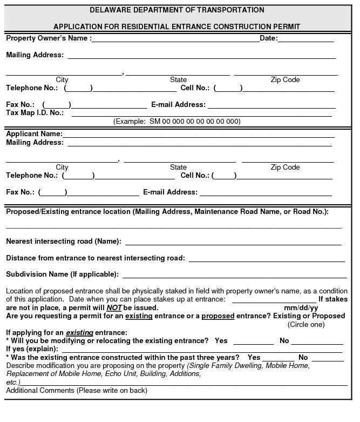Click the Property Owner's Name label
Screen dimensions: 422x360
(x=48, y=38)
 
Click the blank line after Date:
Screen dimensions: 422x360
(x=305, y=39)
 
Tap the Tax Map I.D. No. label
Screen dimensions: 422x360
(x=35, y=113)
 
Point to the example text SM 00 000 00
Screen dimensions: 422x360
(x=176, y=122)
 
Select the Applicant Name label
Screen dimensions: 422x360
(x=34, y=134)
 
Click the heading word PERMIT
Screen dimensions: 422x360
(x=286, y=26)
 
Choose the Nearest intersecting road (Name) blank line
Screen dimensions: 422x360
(x=233, y=243)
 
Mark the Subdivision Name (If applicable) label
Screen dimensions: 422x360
(x=62, y=274)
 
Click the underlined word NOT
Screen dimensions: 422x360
(x=114, y=308)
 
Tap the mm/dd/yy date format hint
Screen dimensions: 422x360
(x=301, y=308)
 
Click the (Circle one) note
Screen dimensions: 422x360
(x=306, y=325)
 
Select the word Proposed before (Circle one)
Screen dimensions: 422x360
(x=325, y=316)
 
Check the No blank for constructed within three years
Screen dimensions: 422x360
(x=328, y=358)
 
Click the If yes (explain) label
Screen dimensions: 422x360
(x=32, y=350)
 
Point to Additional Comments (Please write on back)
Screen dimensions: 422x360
(x=77, y=391)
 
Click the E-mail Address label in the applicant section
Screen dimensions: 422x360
(x=170, y=192)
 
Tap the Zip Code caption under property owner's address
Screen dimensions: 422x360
(x=285, y=80)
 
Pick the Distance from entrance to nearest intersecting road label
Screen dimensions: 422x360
(x=95, y=258)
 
